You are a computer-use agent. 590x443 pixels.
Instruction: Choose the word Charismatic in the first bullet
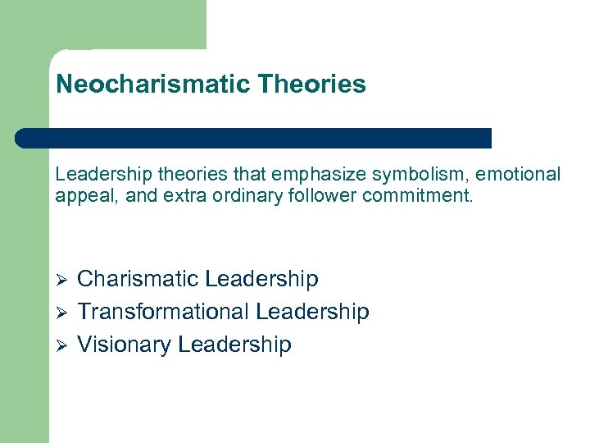point(137,280)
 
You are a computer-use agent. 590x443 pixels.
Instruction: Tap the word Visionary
point(123,345)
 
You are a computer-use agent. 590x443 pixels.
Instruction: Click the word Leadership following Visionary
point(234,345)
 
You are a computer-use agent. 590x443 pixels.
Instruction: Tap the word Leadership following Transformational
point(312,313)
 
